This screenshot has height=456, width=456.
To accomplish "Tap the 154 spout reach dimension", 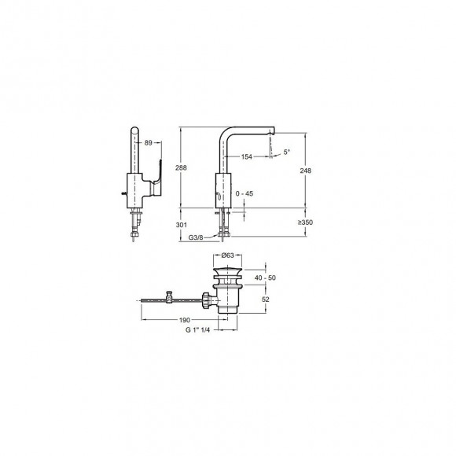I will pos(247,157).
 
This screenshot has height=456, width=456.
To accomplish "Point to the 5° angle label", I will pos(286,152).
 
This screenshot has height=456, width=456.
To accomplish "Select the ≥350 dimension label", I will pos(306,222).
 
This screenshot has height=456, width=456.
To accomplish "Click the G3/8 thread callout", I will pos(196,235).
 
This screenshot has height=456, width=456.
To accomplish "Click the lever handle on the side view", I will pos(158,176).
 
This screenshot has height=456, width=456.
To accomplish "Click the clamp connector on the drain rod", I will pos(170,298).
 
